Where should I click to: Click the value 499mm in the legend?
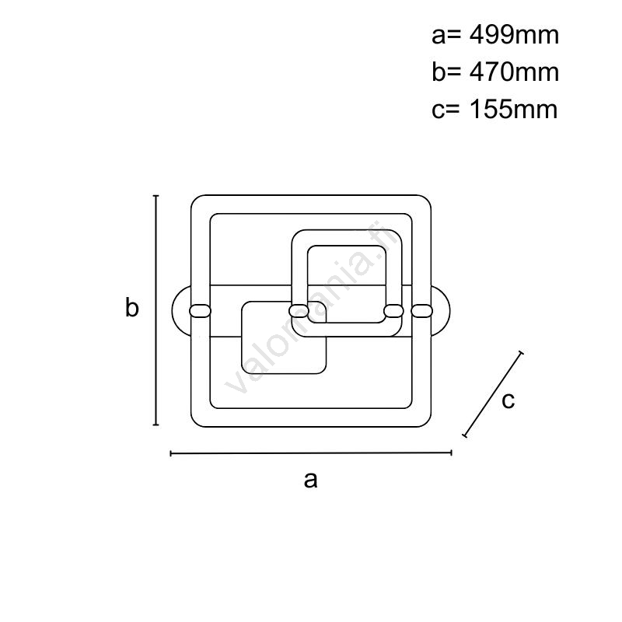pos(514,35)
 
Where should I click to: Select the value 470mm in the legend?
pos(514,72)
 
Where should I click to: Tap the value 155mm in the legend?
pos(514,109)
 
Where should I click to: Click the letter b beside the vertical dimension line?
pos(131,307)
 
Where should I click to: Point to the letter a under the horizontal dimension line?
pos(310,480)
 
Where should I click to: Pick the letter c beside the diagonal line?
pos(508,400)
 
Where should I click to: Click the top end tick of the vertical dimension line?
pos(156,196)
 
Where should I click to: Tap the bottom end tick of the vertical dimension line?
pos(156,425)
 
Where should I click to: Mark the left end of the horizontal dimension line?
pos(170,453)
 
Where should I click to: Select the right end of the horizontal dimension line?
pos(451,453)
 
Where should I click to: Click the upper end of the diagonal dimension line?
pos(521,352)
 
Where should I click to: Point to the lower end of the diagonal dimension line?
pos(464,435)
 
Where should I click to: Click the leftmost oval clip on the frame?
pos(201,311)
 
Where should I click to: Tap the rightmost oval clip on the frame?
pos(421,311)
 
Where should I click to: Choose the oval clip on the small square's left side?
pos(299,311)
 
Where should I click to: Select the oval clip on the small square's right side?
pos(394,311)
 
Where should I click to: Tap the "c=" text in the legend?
pos(446,110)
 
